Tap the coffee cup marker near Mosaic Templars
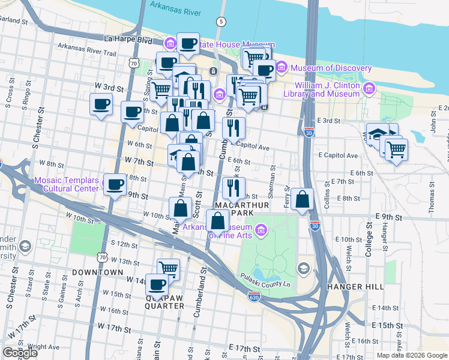[x=115, y=185]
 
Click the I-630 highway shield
[x=254, y=297]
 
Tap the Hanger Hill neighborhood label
[x=355, y=287]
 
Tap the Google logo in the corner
[x=20, y=353]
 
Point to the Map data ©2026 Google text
[x=411, y=355]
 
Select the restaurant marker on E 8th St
[x=234, y=188]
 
